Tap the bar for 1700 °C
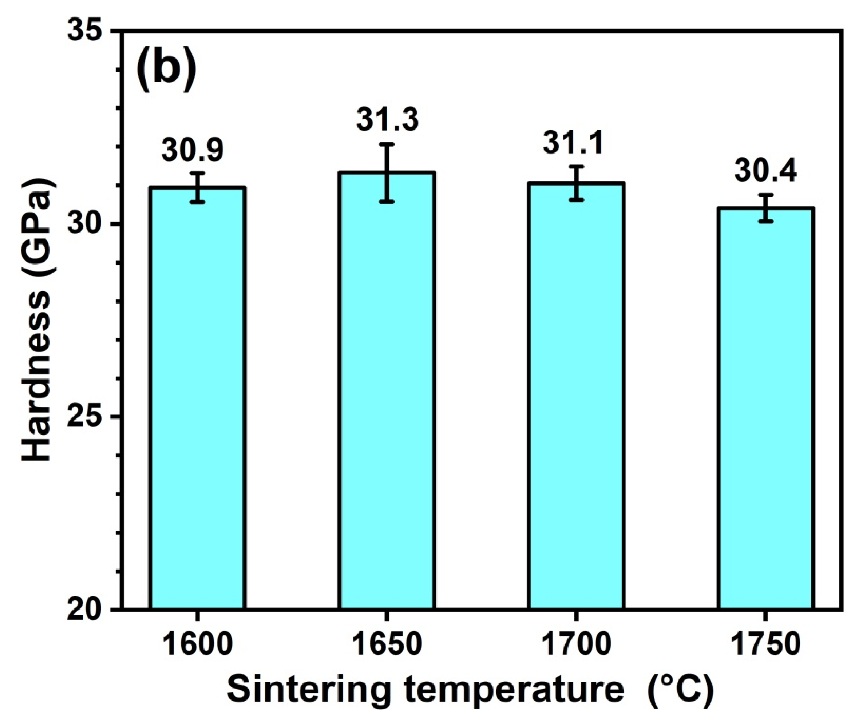(576, 395)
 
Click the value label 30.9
(192, 150)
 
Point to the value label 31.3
(387, 119)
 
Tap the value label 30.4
(765, 171)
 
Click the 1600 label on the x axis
(198, 645)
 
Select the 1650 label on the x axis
(387, 645)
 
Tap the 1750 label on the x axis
(765, 645)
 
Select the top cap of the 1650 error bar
(387, 144)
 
